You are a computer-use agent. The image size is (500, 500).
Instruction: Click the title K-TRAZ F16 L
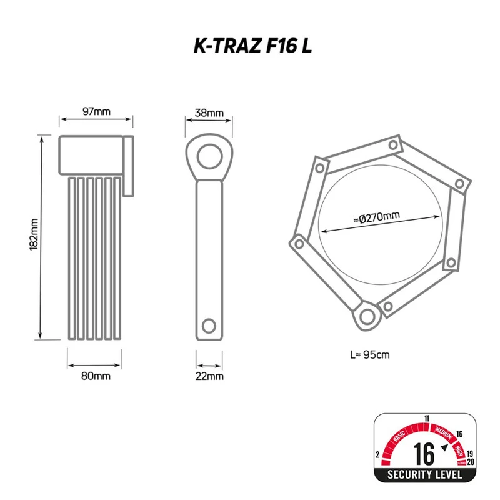(252, 46)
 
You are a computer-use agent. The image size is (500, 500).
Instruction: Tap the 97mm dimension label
(96, 112)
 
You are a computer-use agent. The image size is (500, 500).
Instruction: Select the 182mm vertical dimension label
(34, 234)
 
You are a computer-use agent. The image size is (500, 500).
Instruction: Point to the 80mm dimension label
(96, 376)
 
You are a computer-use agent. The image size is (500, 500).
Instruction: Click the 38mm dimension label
(209, 113)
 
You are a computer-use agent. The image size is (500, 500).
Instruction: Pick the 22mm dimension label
(209, 376)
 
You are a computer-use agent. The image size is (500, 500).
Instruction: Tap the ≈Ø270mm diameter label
(377, 217)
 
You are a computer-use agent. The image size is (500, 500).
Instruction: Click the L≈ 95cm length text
(370, 355)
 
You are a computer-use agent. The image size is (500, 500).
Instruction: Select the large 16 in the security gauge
(424, 454)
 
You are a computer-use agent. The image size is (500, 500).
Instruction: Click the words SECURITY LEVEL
(425, 474)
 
